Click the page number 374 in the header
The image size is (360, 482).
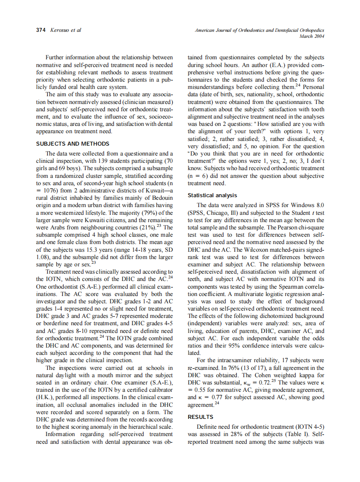pos(41,31)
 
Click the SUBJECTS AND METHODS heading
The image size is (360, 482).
pos(73,144)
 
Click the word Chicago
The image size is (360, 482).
pos(217,212)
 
